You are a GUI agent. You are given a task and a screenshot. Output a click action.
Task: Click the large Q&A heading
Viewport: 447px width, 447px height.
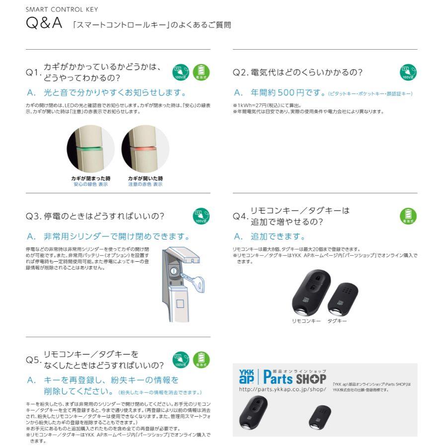(44, 24)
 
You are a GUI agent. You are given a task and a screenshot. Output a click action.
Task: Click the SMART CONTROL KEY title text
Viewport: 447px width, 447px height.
(62, 9)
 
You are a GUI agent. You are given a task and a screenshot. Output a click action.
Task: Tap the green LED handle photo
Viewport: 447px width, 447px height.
(90, 149)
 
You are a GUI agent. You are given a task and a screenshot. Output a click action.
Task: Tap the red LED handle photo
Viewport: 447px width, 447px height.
(145, 149)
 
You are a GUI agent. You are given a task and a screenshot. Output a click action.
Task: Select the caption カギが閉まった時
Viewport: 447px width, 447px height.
(90, 178)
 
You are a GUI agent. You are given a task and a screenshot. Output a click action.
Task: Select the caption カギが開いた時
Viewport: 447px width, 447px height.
(145, 178)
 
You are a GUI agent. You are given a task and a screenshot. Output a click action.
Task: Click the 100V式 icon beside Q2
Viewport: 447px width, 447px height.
(408, 73)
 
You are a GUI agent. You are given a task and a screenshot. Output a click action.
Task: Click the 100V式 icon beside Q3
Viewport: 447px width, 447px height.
(201, 216)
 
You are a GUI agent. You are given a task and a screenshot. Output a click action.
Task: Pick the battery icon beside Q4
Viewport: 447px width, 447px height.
(408, 216)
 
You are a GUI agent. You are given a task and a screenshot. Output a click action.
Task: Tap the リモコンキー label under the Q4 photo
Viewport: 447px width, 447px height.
(306, 321)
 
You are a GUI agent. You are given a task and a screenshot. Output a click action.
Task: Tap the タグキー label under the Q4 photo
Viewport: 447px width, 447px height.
(337, 321)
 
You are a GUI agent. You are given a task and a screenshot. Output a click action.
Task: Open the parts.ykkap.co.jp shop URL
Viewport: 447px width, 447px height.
(283, 389)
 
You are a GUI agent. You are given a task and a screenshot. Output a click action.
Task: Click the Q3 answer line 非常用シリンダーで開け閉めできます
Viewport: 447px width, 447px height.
(117, 236)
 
